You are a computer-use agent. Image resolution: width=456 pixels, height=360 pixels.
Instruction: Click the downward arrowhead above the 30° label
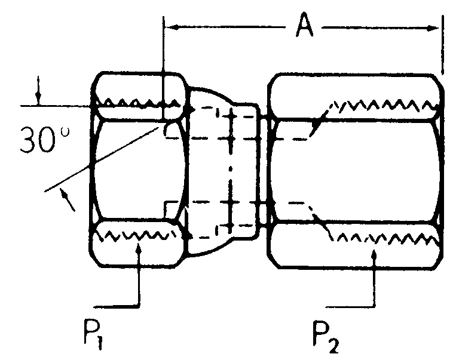(39, 98)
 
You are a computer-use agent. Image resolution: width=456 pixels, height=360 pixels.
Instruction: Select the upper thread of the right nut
(382, 106)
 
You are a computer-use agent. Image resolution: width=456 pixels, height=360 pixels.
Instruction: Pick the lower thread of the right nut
(382, 238)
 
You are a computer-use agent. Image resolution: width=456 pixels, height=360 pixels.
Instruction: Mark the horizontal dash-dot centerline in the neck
(231, 171)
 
